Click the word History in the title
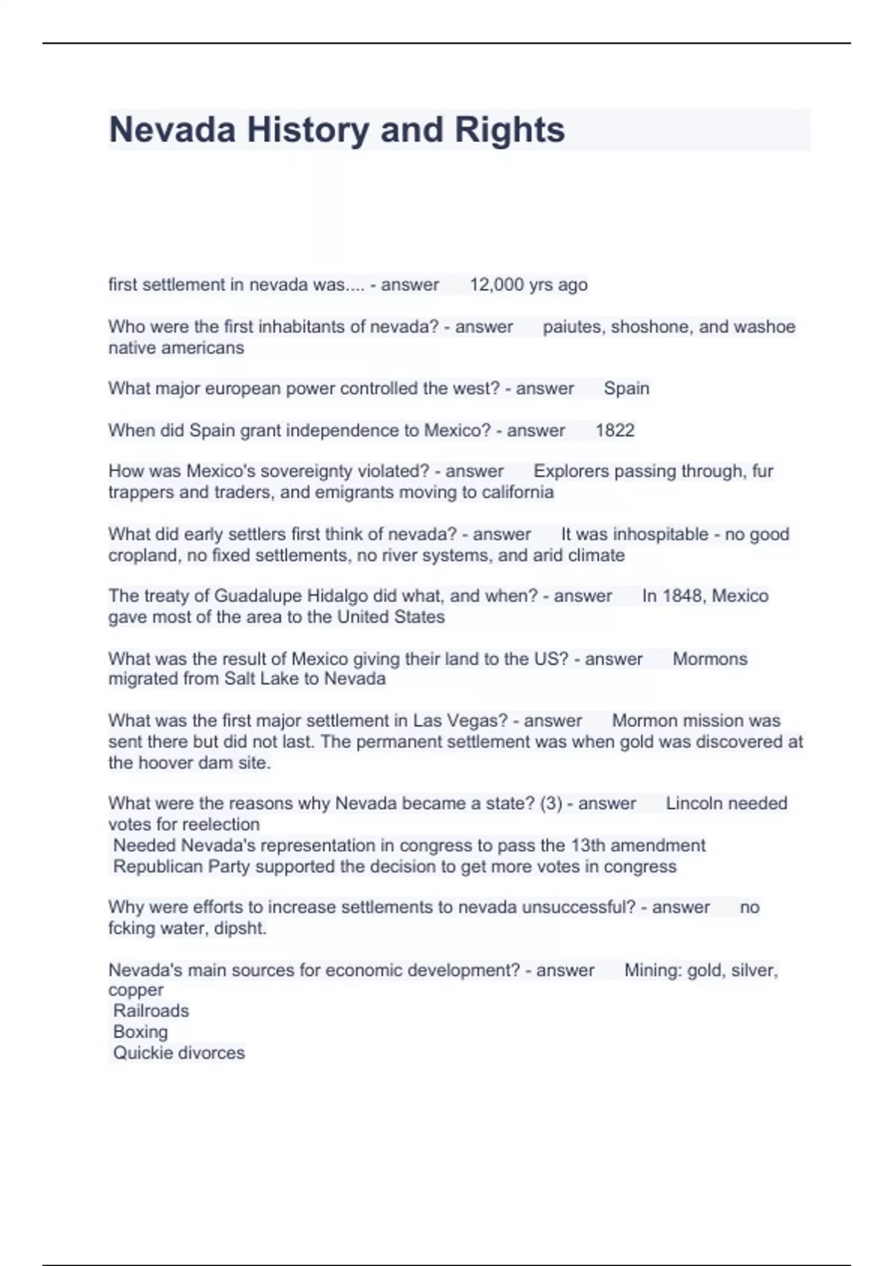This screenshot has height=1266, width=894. point(308,130)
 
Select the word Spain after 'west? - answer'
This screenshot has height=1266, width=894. point(627,388)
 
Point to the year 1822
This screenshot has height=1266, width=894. point(615,430)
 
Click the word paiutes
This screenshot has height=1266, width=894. point(574,327)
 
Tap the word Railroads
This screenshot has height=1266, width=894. point(151,1011)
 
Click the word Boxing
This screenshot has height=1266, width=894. point(140,1031)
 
